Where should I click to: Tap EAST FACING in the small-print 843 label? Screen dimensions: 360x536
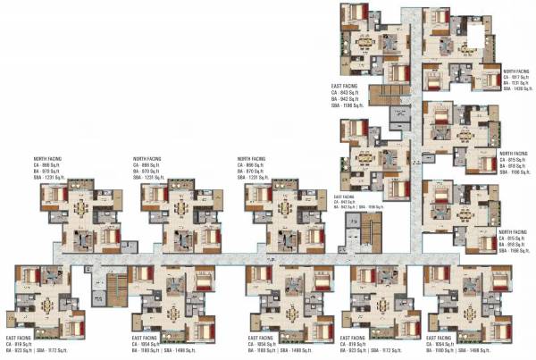(x=345, y=196)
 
